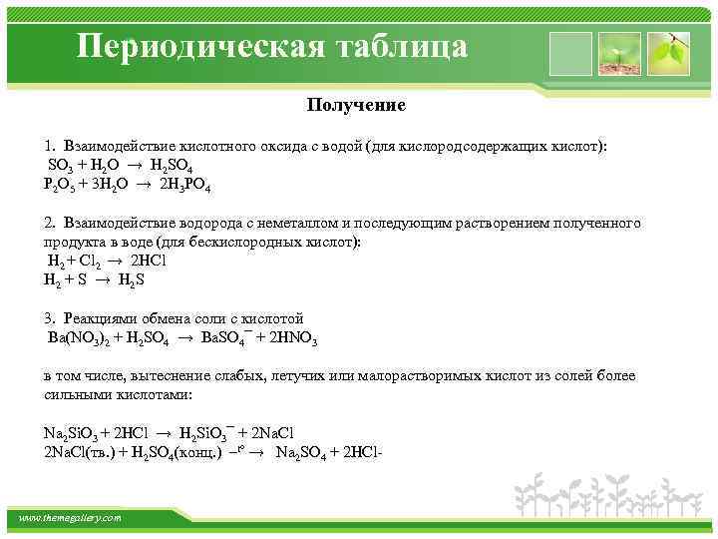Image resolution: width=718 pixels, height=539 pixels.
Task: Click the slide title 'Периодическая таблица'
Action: coord(272,48)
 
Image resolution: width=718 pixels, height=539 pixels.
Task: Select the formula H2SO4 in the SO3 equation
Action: coord(180,166)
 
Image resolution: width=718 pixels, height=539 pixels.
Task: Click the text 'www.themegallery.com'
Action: coord(71,518)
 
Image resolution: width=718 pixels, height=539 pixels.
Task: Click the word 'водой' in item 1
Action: coord(337,146)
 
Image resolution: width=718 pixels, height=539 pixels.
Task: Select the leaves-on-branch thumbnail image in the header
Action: coord(668,52)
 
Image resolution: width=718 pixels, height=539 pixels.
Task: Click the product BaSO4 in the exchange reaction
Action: coord(224,338)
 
